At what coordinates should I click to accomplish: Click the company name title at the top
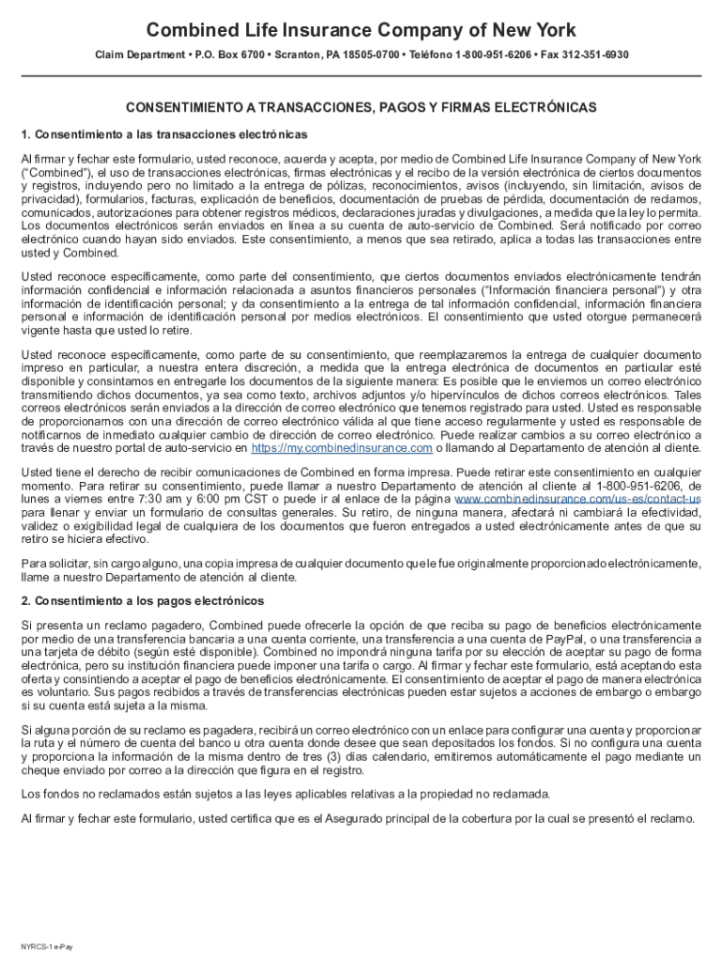point(361,30)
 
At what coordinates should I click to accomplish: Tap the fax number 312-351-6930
point(596,55)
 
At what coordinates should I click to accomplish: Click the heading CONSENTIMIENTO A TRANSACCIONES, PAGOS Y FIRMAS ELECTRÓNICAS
point(361,109)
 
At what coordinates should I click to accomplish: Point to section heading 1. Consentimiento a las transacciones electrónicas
point(164,134)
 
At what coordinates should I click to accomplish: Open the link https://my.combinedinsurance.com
point(342,449)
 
